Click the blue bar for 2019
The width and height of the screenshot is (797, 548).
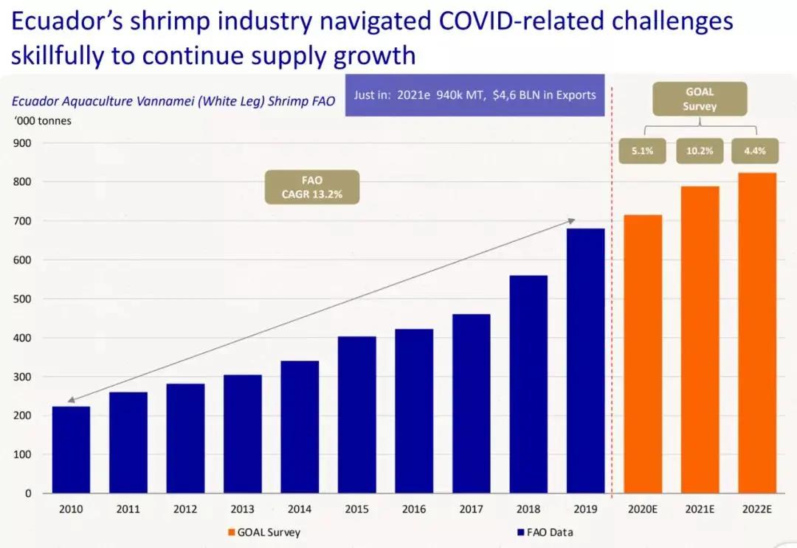click(585, 361)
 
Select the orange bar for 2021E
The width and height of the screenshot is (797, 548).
click(699, 339)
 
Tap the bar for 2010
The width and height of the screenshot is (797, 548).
click(71, 449)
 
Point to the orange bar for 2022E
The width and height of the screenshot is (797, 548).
click(756, 333)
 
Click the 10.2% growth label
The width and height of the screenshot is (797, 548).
click(699, 151)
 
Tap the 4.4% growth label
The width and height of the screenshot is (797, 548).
click(755, 151)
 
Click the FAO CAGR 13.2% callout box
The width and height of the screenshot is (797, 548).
click(312, 187)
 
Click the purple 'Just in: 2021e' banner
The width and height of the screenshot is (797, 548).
click(475, 95)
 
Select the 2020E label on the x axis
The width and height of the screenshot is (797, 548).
click(642, 509)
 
